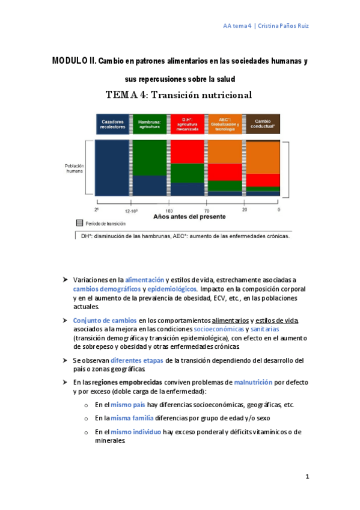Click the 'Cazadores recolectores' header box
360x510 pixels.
pyautogui.click(x=112, y=123)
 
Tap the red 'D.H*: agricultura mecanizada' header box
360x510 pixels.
pyautogui.click(x=186, y=123)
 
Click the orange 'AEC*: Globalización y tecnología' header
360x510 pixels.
pyautogui.click(x=225, y=123)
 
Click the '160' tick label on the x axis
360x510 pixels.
pyautogui.click(x=169, y=211)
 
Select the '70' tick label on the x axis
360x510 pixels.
pyautogui.click(x=207, y=211)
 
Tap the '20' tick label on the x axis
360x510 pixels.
pyautogui.click(x=244, y=211)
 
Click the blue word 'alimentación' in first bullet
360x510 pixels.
pyautogui.click(x=144, y=280)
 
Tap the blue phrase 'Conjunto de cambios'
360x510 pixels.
pyautogui.click(x=105, y=320)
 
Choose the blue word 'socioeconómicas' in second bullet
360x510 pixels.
pyautogui.click(x=219, y=329)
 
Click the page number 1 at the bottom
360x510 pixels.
pyautogui.click(x=307, y=477)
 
